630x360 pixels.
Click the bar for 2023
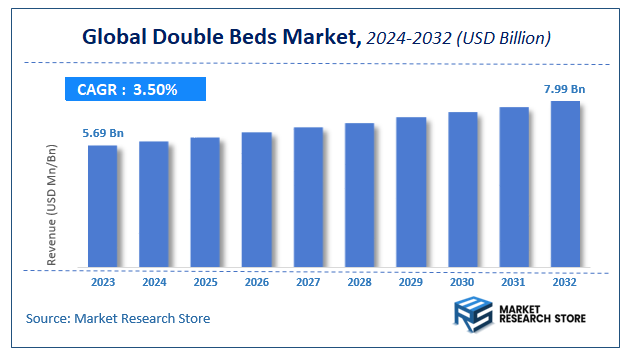102,207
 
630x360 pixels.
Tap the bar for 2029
411,193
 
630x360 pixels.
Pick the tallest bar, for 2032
565,185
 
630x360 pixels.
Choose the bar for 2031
514,188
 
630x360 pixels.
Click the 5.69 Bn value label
101,132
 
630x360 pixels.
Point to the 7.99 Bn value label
565,89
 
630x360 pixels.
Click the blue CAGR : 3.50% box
136,90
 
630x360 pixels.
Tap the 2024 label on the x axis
153,283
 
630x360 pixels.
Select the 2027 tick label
308,283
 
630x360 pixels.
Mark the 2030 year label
462,283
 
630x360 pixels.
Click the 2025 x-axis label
205,283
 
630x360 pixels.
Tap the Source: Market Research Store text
119,318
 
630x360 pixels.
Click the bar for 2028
359,196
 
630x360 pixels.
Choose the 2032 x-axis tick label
565,283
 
